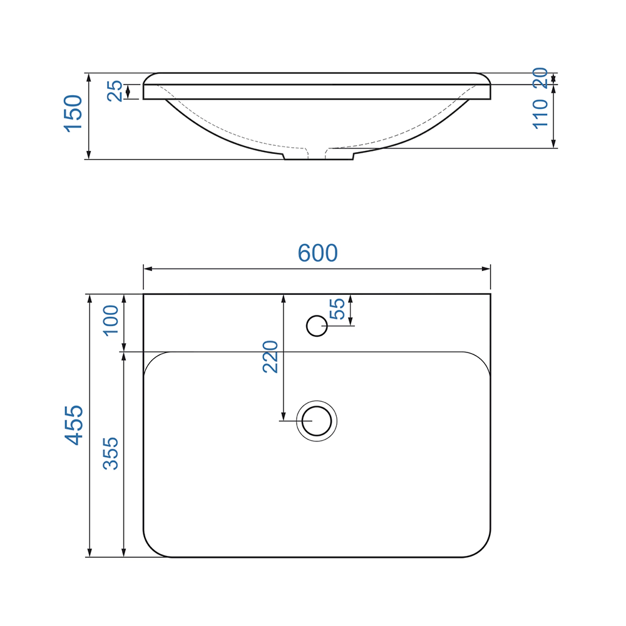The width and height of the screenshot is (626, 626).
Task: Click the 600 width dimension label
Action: pos(318,253)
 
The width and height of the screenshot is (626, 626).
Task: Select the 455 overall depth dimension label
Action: pos(74,425)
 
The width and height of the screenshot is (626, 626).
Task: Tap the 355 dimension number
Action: pos(111,453)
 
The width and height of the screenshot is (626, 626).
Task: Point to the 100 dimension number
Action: pos(111,321)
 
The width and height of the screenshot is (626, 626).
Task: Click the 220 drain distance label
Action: pos(270,357)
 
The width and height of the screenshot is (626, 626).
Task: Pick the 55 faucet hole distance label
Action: pos(337,309)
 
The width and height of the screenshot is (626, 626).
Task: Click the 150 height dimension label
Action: pos(73,113)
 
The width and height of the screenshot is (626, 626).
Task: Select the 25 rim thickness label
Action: pos(115,91)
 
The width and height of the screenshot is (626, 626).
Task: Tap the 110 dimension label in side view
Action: pos(540,114)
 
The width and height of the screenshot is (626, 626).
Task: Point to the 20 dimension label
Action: pos(540,78)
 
